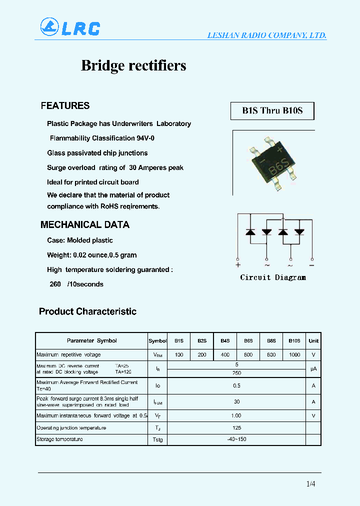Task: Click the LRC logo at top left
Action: pos(70,27)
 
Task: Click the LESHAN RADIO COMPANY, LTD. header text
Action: pos(267,35)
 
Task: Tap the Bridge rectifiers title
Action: pos(133,65)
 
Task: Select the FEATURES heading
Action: pos(65,105)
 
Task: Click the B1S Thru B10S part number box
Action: pos(272,110)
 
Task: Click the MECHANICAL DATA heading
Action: pos(84,225)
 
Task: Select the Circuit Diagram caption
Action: pos(272,277)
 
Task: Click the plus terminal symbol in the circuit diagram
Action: pos(238,265)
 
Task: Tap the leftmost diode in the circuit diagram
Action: pos(251,232)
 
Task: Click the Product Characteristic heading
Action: pos(87,311)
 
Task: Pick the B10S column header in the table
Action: pos(294,341)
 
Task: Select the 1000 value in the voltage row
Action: pos(294,355)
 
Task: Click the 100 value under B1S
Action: pos(179,355)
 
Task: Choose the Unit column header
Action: pos(313,341)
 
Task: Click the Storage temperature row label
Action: pos(59,439)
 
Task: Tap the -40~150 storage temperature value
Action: pos(236,439)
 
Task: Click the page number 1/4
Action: pos(310,483)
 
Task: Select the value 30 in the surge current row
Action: pos(236,401)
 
